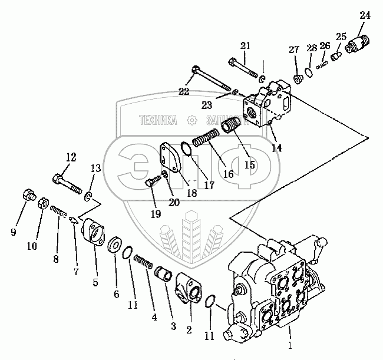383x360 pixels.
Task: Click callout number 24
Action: pyautogui.click(x=365, y=16)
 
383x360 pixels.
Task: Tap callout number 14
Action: pyautogui.click(x=276, y=148)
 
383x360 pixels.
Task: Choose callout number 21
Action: pyautogui.click(x=245, y=45)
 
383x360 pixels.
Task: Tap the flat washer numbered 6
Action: pyautogui.click(x=114, y=245)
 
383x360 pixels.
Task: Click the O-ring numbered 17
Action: pyautogui.click(x=184, y=149)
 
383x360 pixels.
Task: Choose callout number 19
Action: pyautogui.click(x=155, y=214)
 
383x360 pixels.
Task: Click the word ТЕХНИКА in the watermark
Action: pyautogui.click(x=158, y=120)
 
